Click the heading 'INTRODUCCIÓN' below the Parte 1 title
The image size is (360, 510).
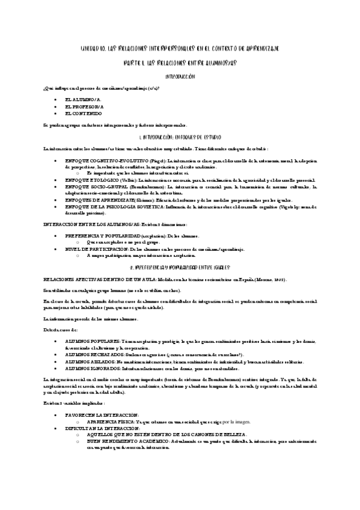tap(180, 77)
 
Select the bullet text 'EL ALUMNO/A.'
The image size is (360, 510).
tap(83, 97)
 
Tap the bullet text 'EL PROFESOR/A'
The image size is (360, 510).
tap(84, 105)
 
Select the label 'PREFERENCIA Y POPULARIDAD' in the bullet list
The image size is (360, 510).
tap(101, 236)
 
